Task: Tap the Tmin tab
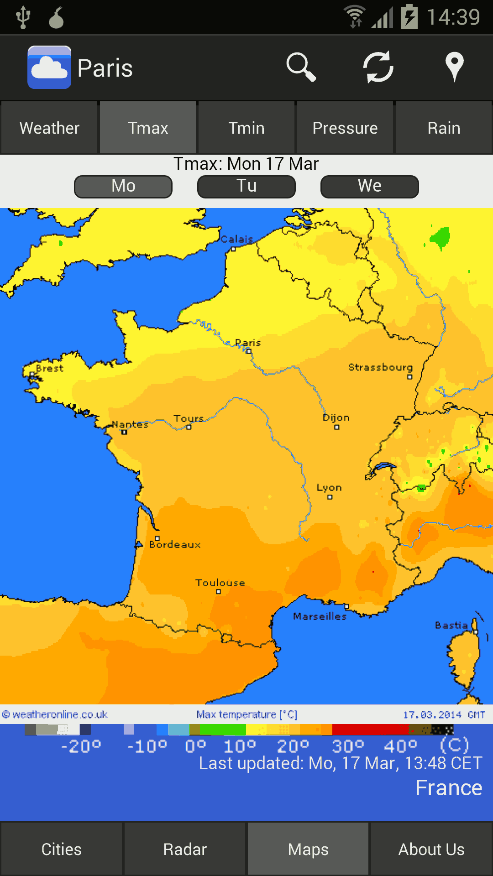(246, 128)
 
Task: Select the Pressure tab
(345, 128)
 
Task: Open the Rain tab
(444, 128)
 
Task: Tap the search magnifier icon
(301, 67)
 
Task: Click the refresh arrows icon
(378, 67)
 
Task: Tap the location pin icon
(454, 67)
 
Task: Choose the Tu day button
(246, 186)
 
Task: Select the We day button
(370, 186)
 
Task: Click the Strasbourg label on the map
(380, 367)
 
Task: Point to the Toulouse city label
(220, 583)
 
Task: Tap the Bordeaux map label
(175, 544)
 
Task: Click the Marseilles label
(320, 616)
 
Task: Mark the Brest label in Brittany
(49, 368)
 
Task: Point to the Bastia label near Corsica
(451, 625)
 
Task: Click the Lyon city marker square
(330, 497)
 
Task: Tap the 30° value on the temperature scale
(348, 746)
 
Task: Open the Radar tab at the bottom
(185, 850)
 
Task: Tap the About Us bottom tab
(431, 850)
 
